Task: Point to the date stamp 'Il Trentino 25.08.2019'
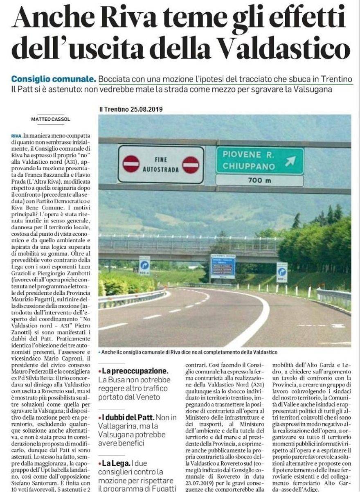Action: [x=131, y=109]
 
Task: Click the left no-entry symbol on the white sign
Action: [x=131, y=164]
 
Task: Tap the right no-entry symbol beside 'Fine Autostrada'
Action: [x=191, y=165]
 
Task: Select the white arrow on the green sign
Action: [x=290, y=161]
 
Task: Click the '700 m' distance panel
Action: [x=260, y=180]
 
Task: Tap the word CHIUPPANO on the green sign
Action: [x=248, y=167]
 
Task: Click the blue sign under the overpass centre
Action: [x=223, y=266]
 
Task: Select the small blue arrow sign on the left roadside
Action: [x=144, y=265]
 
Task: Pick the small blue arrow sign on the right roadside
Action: [x=282, y=272]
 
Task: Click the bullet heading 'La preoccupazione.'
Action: [x=135, y=371]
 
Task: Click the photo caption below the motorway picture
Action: [x=189, y=352]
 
